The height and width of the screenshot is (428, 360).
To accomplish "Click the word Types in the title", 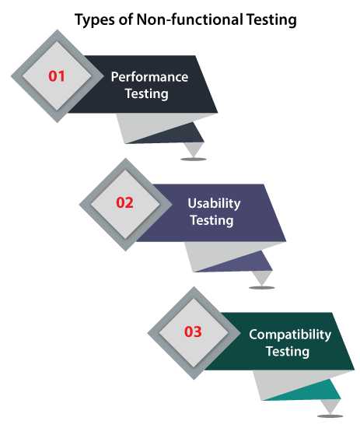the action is [95, 20].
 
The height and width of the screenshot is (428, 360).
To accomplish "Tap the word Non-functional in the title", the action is [190, 19].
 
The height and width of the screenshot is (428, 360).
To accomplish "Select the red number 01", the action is [57, 76].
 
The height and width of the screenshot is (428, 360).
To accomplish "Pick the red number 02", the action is [124, 203].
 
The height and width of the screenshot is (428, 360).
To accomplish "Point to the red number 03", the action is [193, 332].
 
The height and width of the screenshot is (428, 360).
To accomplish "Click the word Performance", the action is [149, 77].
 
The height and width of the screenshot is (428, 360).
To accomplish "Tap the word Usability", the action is [214, 204].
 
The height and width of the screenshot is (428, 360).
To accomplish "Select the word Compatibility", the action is [290, 335].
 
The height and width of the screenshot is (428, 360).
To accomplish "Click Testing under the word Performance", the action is [147, 94].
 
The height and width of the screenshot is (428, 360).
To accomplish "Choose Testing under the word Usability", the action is [212, 220].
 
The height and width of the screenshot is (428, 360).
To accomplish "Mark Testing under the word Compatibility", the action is [288, 352].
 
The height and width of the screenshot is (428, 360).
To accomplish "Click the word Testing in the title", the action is [271, 20].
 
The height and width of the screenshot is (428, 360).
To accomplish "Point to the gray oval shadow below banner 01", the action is [194, 159].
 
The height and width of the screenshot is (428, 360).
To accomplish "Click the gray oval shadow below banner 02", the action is [261, 288].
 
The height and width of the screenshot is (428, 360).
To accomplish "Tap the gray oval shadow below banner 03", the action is [330, 416].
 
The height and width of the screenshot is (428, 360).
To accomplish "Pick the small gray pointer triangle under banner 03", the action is [330, 405].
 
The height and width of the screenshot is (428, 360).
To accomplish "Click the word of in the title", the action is [126, 19].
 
